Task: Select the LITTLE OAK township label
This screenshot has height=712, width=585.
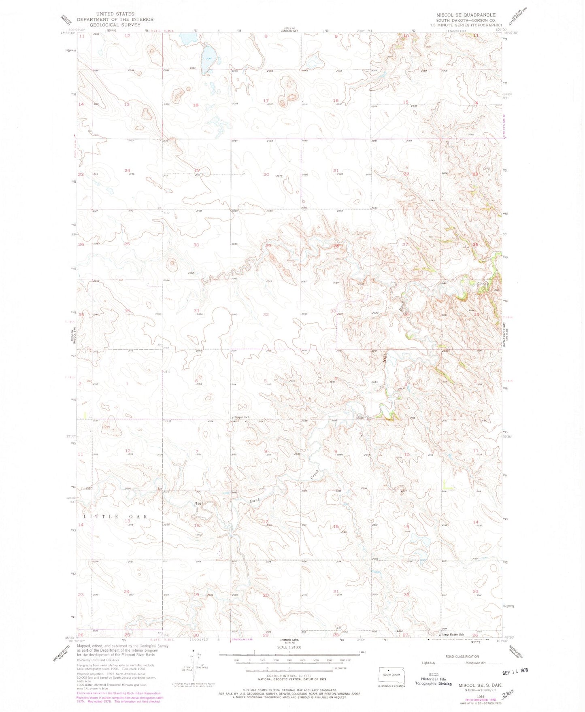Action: (x=115, y=517)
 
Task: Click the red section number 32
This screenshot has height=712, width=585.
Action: (x=266, y=314)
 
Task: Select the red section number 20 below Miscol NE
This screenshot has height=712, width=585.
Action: (x=266, y=174)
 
